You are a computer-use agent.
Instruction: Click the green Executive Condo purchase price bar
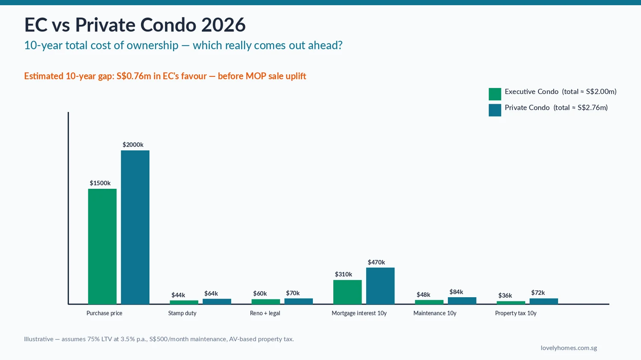102,246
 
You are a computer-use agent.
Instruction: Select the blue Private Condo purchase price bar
135,227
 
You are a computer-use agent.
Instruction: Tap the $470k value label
376,262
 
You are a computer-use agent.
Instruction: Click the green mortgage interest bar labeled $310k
347,292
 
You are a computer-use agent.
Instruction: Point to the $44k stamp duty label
178,295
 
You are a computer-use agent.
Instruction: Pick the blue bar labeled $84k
462,301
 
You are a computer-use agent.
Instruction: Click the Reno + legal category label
265,313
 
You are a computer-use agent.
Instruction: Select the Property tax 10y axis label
515,313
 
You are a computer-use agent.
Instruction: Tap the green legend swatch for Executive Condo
495,94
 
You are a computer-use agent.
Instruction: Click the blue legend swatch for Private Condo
495,110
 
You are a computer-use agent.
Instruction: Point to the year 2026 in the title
223,25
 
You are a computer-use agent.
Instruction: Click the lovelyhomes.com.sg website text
568,348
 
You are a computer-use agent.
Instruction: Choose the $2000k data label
133,145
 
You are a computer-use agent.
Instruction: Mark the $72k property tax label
538,293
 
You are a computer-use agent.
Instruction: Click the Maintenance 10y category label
435,313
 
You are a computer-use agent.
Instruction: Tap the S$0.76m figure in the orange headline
134,76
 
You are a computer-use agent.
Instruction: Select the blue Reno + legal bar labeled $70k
298,301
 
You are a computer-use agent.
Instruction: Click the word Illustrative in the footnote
38,339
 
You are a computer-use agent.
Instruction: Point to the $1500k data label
100,183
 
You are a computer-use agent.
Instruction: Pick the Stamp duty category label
182,313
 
